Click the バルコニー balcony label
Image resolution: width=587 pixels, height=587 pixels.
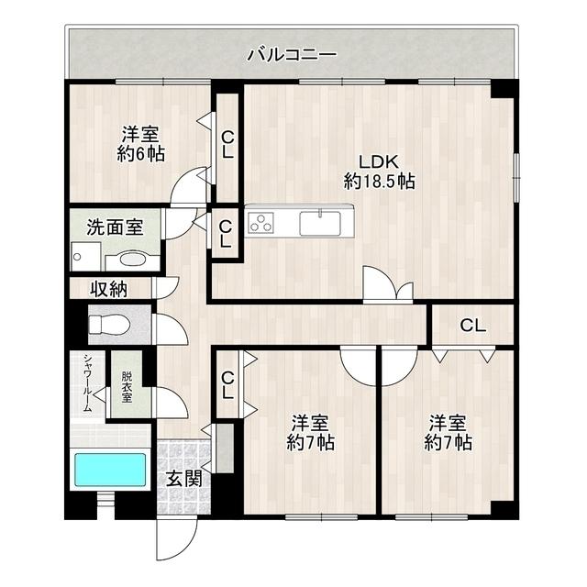292,55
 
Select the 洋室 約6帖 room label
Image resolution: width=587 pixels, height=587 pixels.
140,144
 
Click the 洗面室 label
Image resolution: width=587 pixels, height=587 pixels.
115,227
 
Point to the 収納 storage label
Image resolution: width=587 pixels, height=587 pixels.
108,289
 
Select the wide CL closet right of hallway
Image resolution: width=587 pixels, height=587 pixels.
471,324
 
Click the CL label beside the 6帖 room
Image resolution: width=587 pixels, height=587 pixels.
227,144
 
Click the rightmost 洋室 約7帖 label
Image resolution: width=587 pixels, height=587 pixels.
448,432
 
